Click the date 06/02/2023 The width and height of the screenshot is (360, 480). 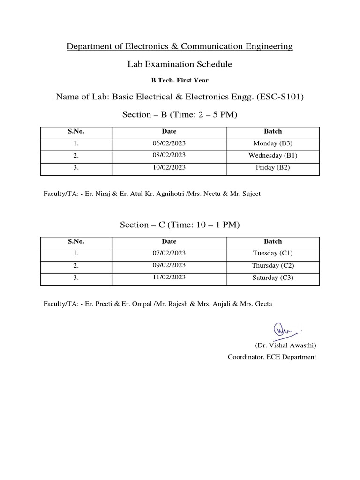coord(169,143)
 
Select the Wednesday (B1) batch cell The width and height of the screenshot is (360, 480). coord(273,155)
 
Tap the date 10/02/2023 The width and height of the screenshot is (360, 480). coord(169,167)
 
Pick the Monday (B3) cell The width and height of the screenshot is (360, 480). coord(273,143)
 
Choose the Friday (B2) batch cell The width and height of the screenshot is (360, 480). coord(273,167)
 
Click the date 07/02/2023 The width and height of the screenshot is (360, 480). coord(169,254)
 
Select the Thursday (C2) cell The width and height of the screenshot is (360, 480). coord(273,266)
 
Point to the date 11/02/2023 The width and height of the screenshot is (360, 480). coord(169,277)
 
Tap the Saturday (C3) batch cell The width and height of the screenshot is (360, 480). coord(273,277)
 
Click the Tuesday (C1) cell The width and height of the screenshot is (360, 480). coord(273,254)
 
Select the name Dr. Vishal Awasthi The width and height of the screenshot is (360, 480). coord(285,345)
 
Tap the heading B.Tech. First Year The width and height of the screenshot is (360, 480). coord(180,81)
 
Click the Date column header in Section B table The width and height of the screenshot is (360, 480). coord(169,131)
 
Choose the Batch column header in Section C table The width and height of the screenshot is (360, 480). coord(273,241)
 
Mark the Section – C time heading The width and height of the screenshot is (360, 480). coord(180,225)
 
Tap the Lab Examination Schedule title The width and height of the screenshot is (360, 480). coord(180,64)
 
